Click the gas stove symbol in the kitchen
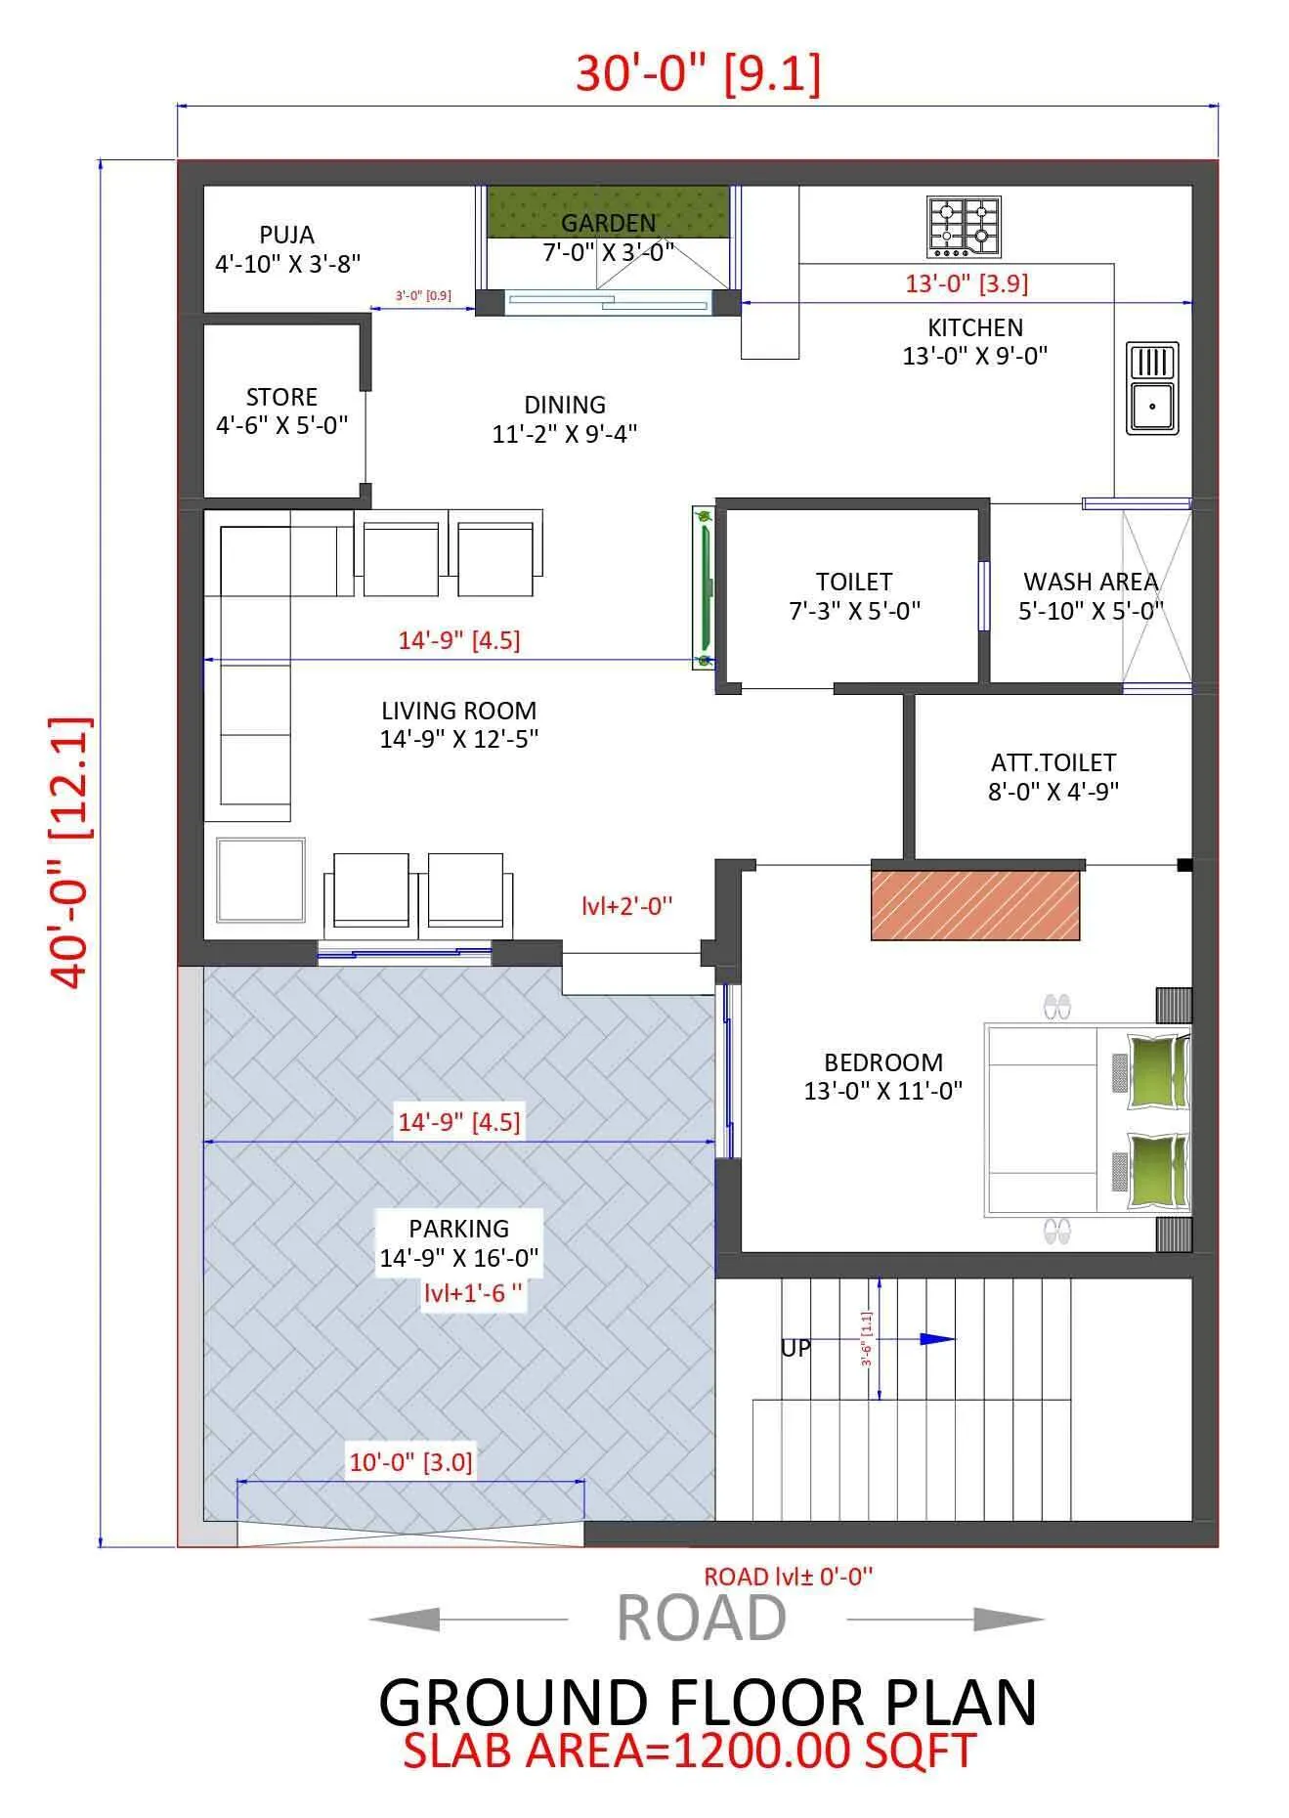click(964, 227)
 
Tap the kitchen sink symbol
click(1152, 388)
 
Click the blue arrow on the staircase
click(937, 1339)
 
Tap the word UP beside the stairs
click(795, 1348)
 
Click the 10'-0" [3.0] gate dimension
click(410, 1462)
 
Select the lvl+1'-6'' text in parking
click(472, 1293)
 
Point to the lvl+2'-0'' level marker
click(626, 906)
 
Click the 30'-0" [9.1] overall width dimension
click(698, 73)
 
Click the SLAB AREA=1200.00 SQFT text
click(689, 1751)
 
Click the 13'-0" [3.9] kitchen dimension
click(966, 283)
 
